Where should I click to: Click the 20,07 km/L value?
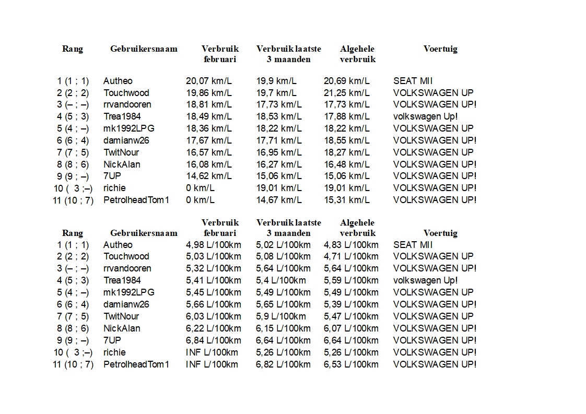[209, 81]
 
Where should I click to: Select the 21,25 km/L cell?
[347, 93]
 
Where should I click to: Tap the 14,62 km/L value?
[209, 176]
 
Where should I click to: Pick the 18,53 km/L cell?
[279, 116]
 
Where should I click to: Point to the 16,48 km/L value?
[347, 164]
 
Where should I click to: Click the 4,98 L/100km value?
[214, 245]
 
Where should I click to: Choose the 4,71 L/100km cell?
[351, 256]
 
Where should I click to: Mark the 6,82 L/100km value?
[283, 364]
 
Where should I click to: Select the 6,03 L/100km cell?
[214, 316]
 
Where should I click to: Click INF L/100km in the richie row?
[212, 352]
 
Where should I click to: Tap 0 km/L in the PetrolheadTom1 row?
[201, 200]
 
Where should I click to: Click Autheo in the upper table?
[118, 81]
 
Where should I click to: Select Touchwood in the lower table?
[126, 256]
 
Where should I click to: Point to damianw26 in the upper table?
[126, 140]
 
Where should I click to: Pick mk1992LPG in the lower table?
[129, 292]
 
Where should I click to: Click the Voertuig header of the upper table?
[440, 49]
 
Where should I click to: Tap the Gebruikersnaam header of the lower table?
[144, 233]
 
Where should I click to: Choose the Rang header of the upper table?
[73, 49]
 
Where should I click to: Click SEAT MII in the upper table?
[413, 81]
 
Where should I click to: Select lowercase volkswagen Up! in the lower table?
[426, 280]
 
